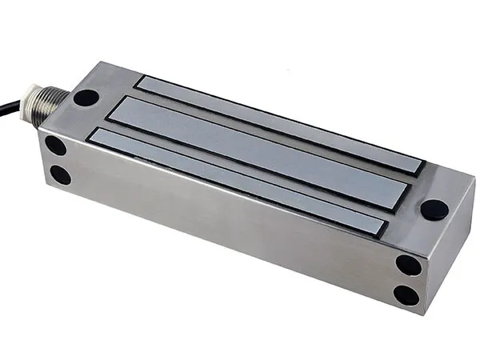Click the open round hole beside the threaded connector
coord(86,98)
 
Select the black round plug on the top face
coord(434,210)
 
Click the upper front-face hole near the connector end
coord(55,146)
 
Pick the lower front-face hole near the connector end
coord(60,174)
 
